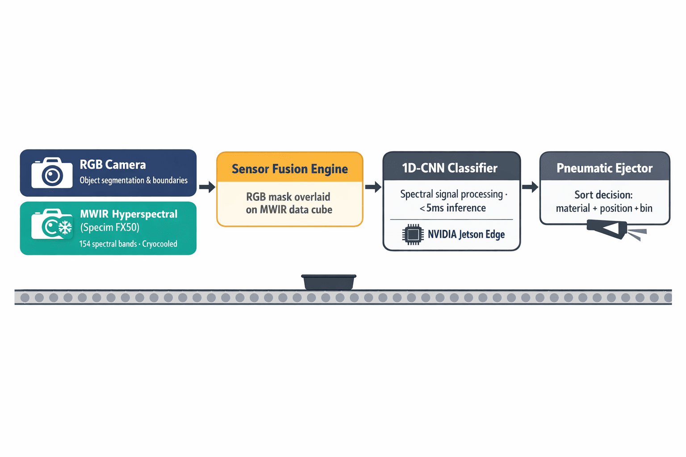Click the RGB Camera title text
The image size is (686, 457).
[x=113, y=165]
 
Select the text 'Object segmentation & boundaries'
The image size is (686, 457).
[x=134, y=180]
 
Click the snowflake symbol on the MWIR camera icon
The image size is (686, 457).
[x=65, y=228]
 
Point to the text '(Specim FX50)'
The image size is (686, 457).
[x=110, y=228]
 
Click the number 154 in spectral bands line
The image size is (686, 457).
[x=84, y=244]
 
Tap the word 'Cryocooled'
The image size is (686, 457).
[x=159, y=244]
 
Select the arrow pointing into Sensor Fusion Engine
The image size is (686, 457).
[x=207, y=187]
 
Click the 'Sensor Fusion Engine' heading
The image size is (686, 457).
[x=289, y=169]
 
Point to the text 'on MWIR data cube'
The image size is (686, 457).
[x=289, y=210]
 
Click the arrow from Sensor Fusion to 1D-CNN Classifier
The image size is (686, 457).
[x=373, y=187]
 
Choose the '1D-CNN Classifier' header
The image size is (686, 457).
[x=450, y=168]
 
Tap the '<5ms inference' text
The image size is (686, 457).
[x=452, y=208]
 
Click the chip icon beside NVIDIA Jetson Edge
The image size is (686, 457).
[x=413, y=234]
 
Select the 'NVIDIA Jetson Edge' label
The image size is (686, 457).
[x=466, y=234]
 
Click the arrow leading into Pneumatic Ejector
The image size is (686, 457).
[x=530, y=187]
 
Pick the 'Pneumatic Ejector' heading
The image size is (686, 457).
[x=604, y=168]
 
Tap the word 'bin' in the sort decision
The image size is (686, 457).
[x=646, y=208]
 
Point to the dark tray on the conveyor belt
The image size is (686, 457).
[x=329, y=282]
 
